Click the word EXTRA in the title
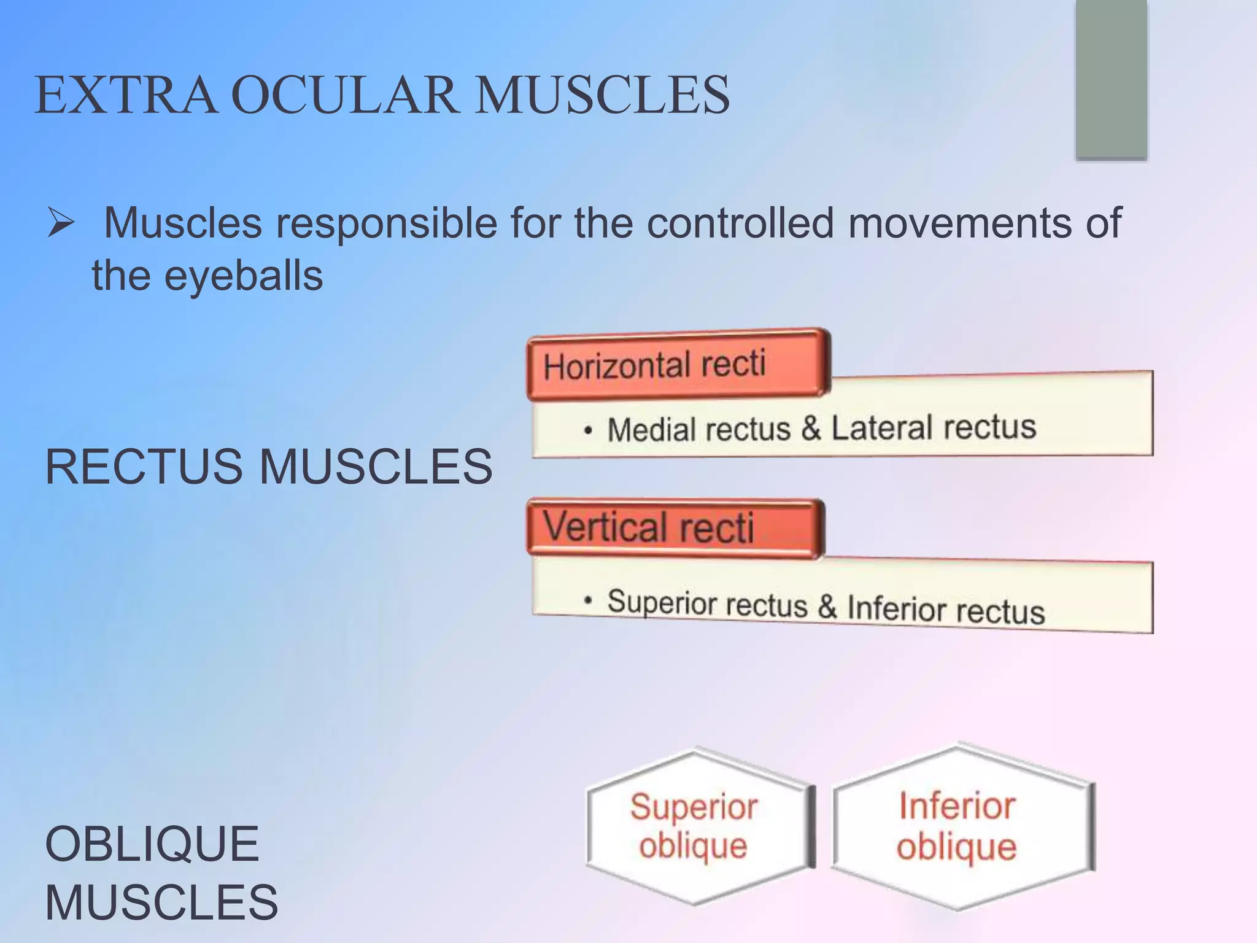click(126, 95)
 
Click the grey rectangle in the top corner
click(1111, 80)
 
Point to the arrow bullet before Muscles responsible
click(61, 223)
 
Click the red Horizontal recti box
click(678, 365)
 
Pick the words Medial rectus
click(698, 429)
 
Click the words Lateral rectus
click(933, 427)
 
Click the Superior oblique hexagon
click(696, 826)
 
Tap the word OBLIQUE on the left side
click(152, 844)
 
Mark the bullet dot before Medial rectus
click(588, 431)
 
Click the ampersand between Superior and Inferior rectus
click(827, 607)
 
